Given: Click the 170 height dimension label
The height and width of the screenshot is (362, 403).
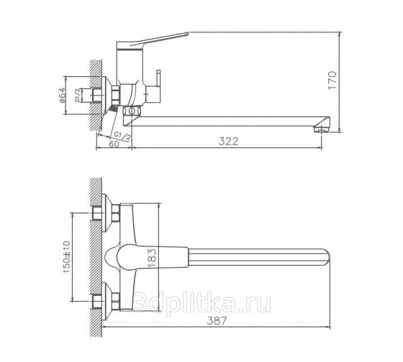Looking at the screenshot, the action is (332, 80).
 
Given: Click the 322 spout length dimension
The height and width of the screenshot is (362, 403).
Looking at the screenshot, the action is (229, 141).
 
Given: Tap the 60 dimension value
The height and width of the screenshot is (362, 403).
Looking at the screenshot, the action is (114, 144).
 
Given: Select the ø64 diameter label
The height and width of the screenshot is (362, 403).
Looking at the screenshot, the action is (62, 96).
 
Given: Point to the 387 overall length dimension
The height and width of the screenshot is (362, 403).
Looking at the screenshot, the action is (217, 320).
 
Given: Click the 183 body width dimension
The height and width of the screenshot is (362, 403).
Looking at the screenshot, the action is (152, 258).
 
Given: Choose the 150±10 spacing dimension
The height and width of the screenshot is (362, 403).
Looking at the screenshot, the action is (66, 257).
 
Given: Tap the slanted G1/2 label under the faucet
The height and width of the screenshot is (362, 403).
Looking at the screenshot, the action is (122, 136).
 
